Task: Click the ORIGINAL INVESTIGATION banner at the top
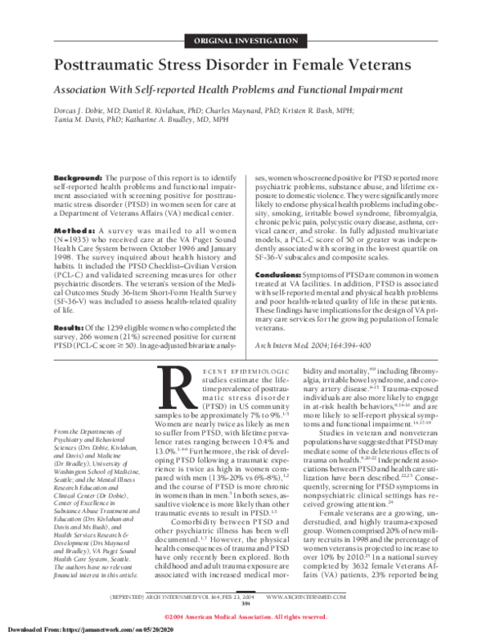coord(246,41)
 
